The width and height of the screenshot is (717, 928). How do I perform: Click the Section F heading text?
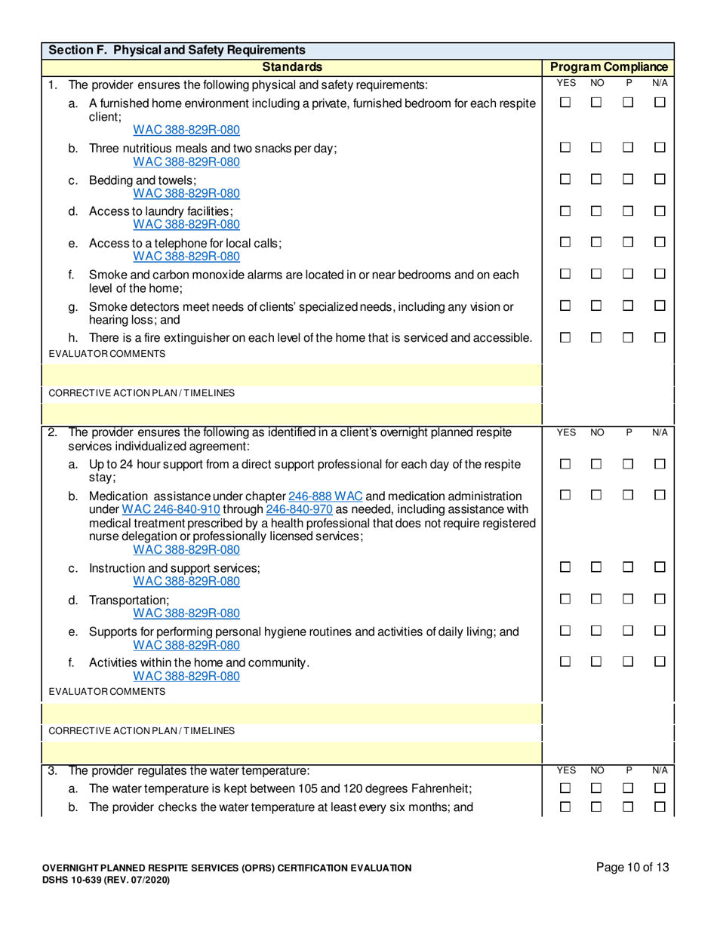coord(175,51)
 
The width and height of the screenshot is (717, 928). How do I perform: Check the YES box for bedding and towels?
coord(566,181)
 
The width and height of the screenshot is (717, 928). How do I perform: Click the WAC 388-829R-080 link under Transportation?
coord(186,613)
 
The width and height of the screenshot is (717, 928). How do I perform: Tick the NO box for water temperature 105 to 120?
coord(597,788)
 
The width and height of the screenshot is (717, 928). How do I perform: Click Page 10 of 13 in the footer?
coord(632,868)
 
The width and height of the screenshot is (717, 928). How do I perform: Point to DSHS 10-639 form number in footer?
coord(106,880)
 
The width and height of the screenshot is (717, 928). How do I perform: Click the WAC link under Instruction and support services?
coord(186,581)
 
